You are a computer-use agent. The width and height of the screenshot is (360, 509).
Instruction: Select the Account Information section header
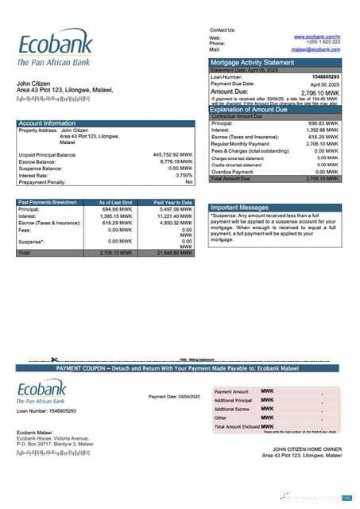coord(48,123)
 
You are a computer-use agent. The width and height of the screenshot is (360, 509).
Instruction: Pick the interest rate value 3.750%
coord(184,175)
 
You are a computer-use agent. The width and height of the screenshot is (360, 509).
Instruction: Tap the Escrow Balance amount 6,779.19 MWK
coord(174,161)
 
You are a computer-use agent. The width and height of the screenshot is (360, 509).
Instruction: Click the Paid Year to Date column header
coord(173,203)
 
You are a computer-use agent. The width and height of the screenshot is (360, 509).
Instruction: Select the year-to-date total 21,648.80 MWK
coord(173,252)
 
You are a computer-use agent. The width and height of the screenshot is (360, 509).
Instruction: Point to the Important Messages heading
coord(239,207)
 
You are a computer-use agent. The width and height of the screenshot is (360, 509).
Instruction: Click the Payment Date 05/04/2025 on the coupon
coord(174,396)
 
